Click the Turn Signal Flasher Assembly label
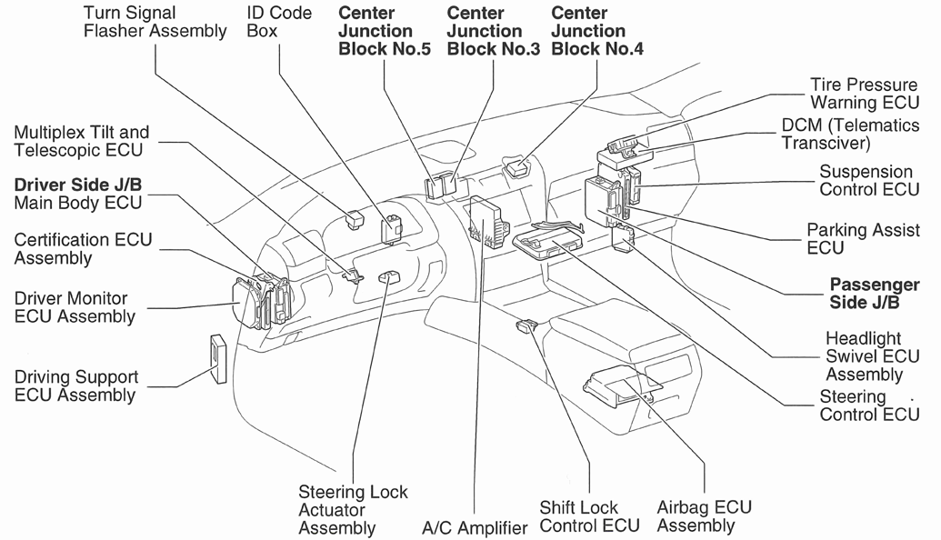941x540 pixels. click(155, 23)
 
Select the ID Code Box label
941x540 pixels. click(278, 23)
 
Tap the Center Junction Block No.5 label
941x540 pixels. click(384, 31)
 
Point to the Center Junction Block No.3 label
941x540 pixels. click(493, 31)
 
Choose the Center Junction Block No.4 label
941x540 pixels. click(597, 31)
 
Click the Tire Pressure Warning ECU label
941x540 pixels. click(863, 94)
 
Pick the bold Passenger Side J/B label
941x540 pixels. click(874, 294)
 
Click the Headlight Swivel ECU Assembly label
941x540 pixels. click(864, 356)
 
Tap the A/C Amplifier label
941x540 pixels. click(475, 527)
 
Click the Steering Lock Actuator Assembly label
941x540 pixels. click(353, 509)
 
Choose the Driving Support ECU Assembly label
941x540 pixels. click(76, 385)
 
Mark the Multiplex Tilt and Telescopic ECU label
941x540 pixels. click(82, 142)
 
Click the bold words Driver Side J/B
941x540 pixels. click(78, 185)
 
